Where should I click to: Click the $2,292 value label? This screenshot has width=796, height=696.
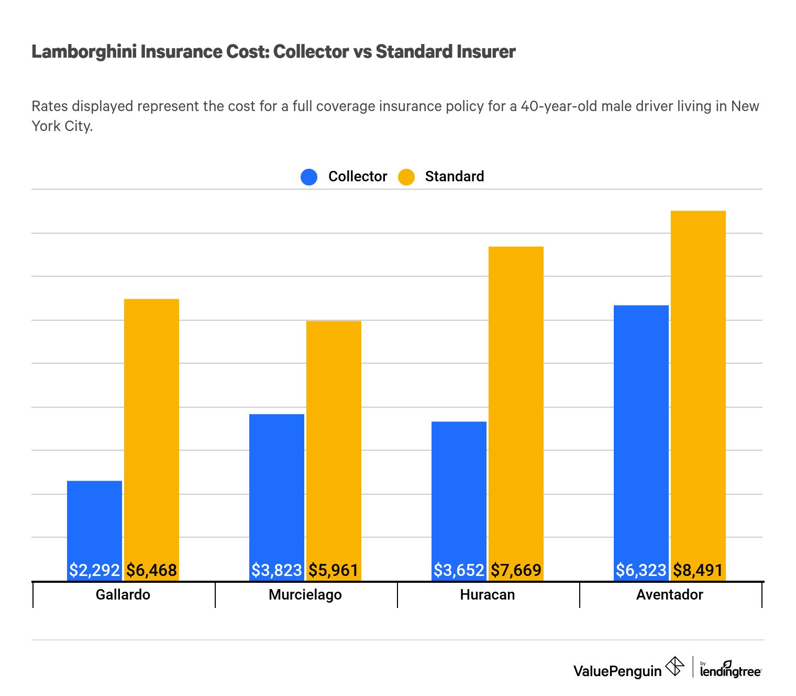[95, 570]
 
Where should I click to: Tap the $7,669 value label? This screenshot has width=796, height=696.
[516, 570]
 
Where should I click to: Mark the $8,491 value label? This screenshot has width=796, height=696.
[698, 570]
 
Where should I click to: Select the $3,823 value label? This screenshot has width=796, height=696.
[277, 570]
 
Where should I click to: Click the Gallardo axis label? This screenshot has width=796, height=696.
[123, 595]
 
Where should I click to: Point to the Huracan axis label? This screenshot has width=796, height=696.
[488, 595]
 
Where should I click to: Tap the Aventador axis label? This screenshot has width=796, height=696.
[669, 595]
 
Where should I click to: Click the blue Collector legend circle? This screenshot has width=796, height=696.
[309, 177]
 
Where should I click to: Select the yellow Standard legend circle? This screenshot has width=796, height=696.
[406, 177]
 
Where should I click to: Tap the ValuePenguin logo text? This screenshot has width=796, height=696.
[617, 671]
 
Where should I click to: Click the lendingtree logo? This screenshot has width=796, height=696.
[731, 670]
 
